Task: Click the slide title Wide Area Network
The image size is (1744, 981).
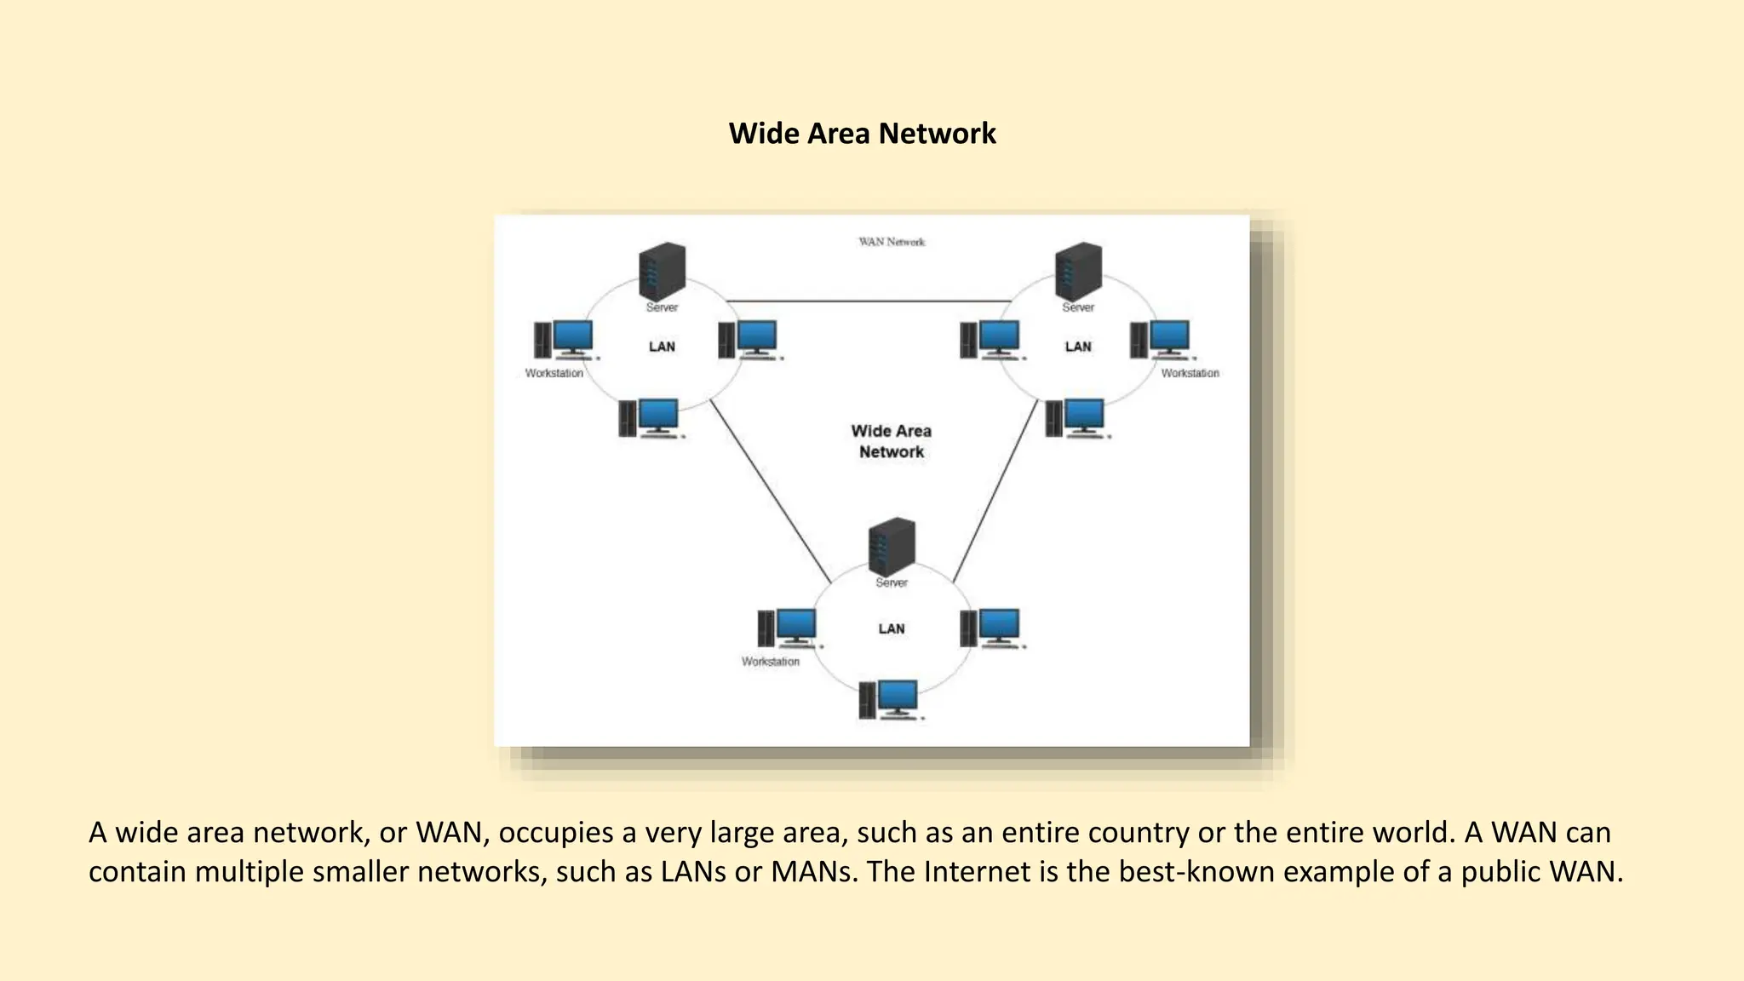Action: [x=862, y=134]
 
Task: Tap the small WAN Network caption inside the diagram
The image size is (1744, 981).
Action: [x=891, y=242]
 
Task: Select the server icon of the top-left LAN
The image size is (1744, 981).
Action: [x=662, y=271]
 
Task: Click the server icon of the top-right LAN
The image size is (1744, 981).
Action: [x=1078, y=271]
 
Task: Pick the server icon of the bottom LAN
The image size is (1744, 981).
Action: [x=892, y=546]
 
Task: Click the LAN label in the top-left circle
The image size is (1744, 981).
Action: [x=662, y=347]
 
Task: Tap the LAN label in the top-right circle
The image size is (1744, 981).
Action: [x=1078, y=347]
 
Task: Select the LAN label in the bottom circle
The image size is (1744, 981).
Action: [x=892, y=628]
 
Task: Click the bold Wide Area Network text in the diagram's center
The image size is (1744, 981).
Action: [x=891, y=441]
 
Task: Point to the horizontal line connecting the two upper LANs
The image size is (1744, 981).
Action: [x=869, y=301]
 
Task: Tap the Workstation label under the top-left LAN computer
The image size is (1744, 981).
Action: [x=554, y=373]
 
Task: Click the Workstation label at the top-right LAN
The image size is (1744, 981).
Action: [x=1190, y=373]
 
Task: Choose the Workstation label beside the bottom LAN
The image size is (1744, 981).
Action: [x=770, y=662]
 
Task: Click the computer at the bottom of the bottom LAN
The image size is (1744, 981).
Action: [x=891, y=700]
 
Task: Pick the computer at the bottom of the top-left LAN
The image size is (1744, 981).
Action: [x=651, y=418]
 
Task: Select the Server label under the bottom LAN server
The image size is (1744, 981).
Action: [x=892, y=582]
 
